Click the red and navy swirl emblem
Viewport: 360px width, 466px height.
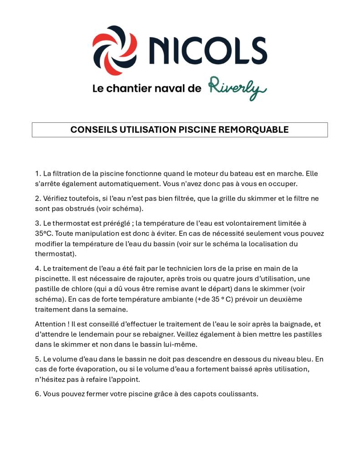tap(115, 50)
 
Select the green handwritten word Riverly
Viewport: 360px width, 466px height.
tap(237, 88)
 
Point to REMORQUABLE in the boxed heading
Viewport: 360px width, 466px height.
tap(253, 130)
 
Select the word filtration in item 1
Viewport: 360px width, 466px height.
tap(67, 174)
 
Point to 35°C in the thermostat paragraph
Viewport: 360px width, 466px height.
tap(44, 233)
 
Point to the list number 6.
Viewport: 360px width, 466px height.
tap(38, 394)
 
